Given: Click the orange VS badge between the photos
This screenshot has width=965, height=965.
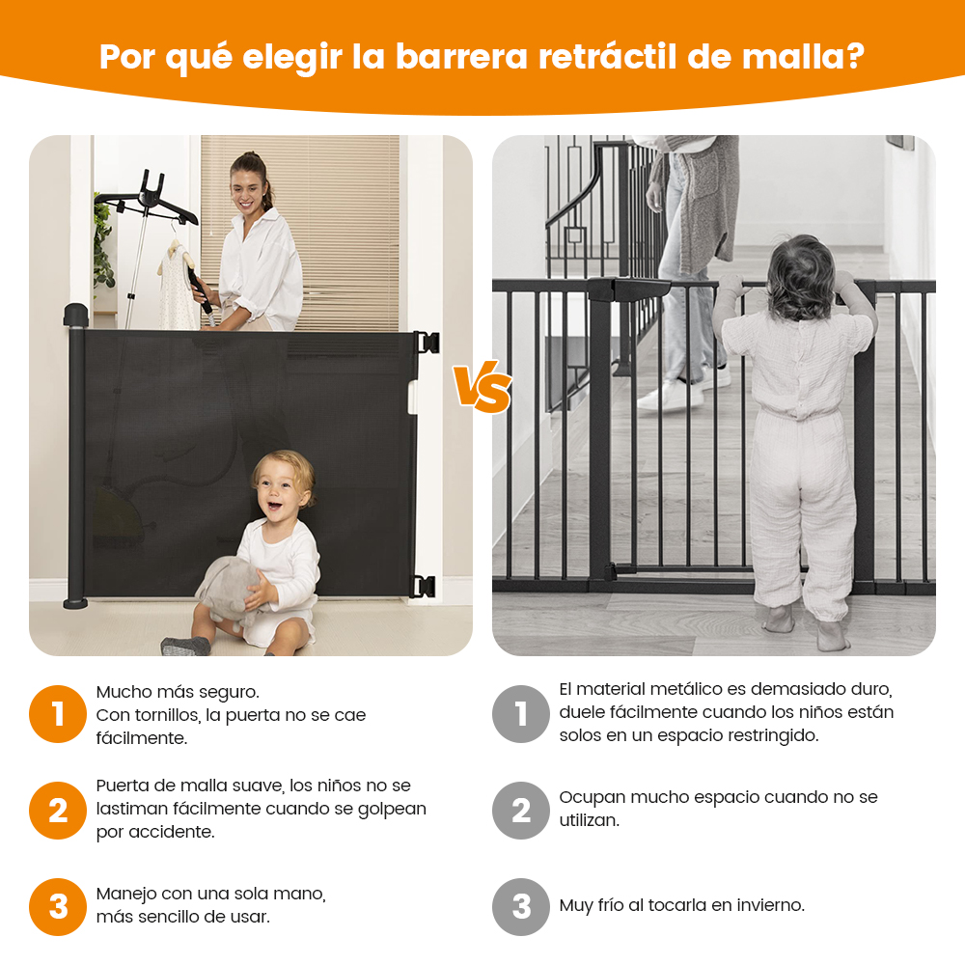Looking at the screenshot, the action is [x=482, y=388].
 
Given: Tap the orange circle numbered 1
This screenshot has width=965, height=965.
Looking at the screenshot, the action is [x=58, y=714].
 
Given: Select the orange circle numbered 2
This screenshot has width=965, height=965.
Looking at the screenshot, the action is [x=58, y=811].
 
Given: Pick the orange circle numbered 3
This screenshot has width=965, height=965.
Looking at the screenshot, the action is [x=58, y=906].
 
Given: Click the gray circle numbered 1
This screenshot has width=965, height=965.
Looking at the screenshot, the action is [x=521, y=714].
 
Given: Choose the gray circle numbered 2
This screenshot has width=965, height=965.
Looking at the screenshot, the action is [x=521, y=811].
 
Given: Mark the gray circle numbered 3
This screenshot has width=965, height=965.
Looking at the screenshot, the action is [x=521, y=906].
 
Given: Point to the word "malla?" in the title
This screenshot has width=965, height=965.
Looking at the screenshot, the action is [x=803, y=57].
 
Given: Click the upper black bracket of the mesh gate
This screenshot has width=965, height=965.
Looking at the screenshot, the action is [x=427, y=343].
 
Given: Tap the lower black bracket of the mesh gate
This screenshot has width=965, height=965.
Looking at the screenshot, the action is [x=424, y=587].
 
